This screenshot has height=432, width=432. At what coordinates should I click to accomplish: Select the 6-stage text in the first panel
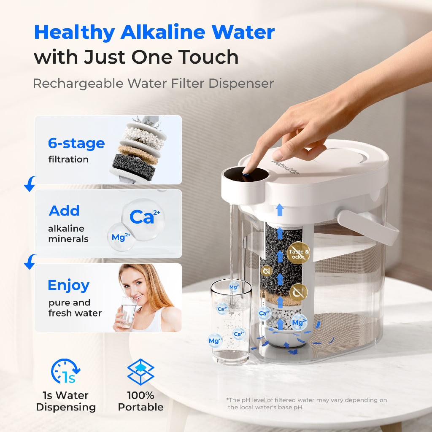pyautogui.click(x=76, y=143)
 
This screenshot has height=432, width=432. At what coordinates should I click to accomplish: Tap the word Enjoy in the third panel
pyautogui.click(x=68, y=285)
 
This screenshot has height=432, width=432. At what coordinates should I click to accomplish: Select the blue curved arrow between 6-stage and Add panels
pyautogui.click(x=30, y=184)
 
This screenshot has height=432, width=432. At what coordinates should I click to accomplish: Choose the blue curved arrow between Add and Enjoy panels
pyautogui.click(x=30, y=262)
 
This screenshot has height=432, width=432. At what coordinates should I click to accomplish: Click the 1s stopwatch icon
pyautogui.click(x=65, y=371)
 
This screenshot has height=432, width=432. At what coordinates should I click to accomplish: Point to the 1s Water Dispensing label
pyautogui.click(x=66, y=401)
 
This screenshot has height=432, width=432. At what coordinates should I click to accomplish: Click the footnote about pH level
pyautogui.click(x=307, y=403)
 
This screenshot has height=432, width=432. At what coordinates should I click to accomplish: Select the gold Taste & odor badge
pyautogui.click(x=299, y=254)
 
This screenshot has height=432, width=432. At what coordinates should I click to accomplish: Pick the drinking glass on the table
pyautogui.click(x=230, y=323)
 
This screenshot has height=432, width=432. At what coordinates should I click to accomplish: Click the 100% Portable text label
pyautogui.click(x=140, y=401)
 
